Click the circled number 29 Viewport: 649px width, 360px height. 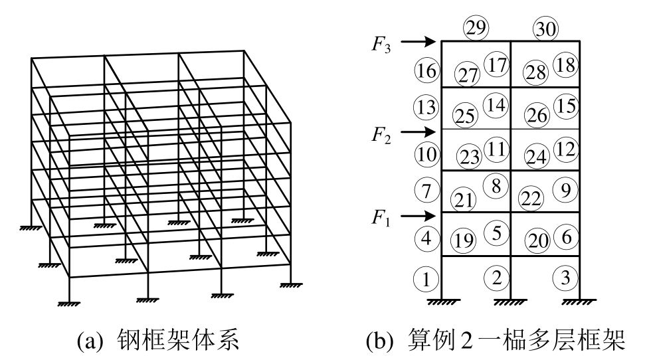[476, 27]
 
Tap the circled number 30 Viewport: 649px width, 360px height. [546, 29]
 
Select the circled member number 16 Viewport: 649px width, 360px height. [425, 69]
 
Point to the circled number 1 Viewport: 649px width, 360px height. [426, 279]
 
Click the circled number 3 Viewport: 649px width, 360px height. [565, 278]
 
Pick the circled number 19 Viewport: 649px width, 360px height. [463, 240]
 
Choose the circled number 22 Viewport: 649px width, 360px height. [532, 199]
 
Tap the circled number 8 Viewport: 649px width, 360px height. [496, 186]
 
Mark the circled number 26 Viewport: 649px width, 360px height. [537, 116]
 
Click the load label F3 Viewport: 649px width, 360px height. [382, 46]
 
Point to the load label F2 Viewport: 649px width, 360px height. [382, 136]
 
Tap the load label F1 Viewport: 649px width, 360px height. [382, 220]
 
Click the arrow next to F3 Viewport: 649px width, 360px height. [418, 42]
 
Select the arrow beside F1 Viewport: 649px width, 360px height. [418, 215]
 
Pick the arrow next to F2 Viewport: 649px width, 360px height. [418, 131]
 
